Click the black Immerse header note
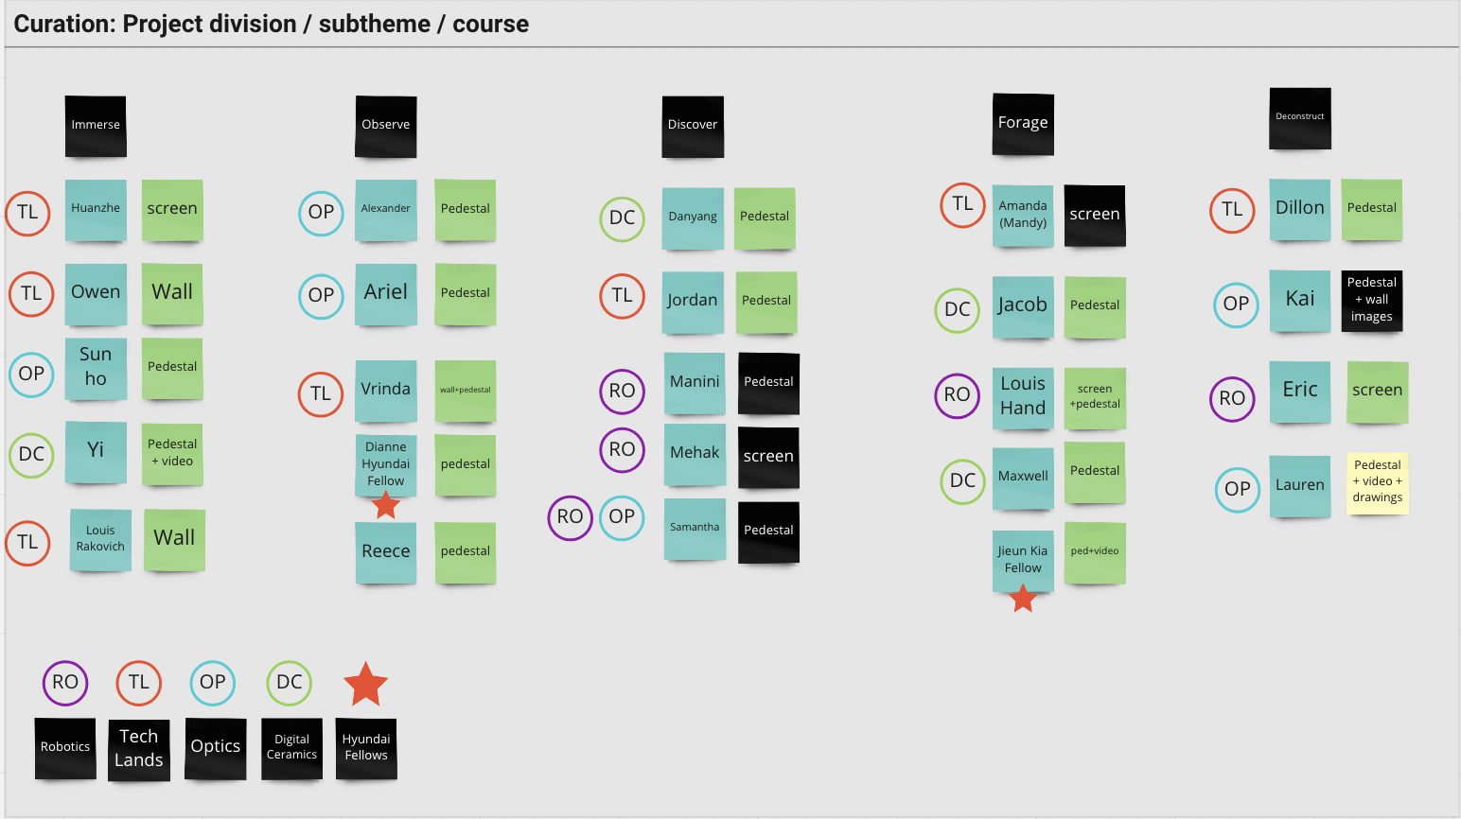(96, 125)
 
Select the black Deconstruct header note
(1300, 117)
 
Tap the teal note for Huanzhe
(96, 209)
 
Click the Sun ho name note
(96, 367)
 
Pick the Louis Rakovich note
(100, 539)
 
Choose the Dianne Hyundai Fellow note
(386, 464)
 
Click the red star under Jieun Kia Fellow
(1023, 598)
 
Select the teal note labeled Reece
(386, 551)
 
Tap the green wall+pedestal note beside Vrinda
(466, 390)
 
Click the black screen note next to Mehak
(768, 457)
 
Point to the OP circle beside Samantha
(622, 517)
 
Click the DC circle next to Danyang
(622, 218)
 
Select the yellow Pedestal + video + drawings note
(1378, 482)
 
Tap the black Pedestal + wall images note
(1372, 300)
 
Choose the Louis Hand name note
(1023, 397)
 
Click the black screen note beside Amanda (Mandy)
(1095, 216)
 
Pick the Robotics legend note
(65, 747)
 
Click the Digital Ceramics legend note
(291, 747)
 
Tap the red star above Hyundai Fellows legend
(366, 685)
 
